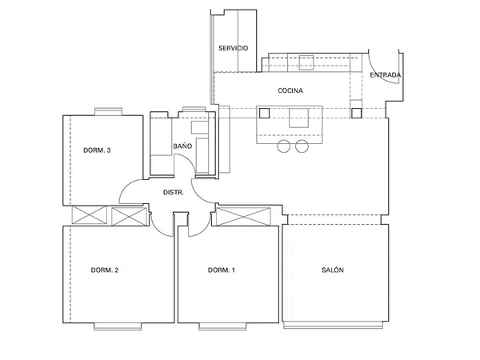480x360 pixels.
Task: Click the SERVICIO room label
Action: coord(234,48)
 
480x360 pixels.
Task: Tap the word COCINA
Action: coord(290,90)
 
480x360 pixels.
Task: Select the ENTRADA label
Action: coord(386,75)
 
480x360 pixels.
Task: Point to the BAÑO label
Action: coord(182,146)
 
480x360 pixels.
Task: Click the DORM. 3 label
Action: coord(97,150)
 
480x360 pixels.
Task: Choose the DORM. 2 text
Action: coord(105,270)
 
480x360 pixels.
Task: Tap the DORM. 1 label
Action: coord(222,270)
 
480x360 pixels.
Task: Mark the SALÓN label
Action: coord(333,270)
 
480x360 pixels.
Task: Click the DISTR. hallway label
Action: coord(174,193)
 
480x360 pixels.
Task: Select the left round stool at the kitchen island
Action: coord(284,146)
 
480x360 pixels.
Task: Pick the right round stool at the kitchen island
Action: coord(302,146)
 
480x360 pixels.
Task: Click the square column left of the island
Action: coord(264,114)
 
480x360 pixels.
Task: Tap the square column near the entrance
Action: coord(356,114)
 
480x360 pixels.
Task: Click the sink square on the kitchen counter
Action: coord(306,62)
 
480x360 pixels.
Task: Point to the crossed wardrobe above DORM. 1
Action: coord(243,217)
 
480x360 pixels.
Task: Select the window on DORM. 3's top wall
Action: coord(108,111)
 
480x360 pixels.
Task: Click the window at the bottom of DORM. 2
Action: coord(118,326)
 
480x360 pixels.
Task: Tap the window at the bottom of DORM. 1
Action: coord(222,326)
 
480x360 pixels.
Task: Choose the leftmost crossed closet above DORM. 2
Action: coord(89,215)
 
